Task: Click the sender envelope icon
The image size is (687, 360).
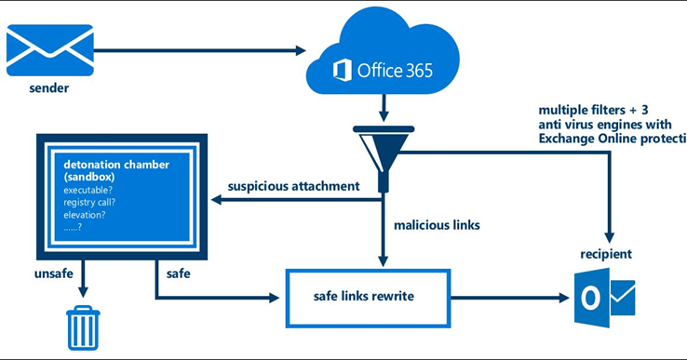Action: pyautogui.click(x=49, y=49)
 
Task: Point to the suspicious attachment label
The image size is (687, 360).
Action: pyautogui.click(x=293, y=186)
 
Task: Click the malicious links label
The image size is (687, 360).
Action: pyautogui.click(x=437, y=224)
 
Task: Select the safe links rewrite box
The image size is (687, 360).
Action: pyautogui.click(x=368, y=298)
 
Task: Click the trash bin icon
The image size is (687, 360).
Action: pyautogui.click(x=82, y=327)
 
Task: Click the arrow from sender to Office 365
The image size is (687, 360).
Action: pyautogui.click(x=195, y=50)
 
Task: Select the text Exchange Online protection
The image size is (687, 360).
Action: pyautogui.click(x=611, y=139)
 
